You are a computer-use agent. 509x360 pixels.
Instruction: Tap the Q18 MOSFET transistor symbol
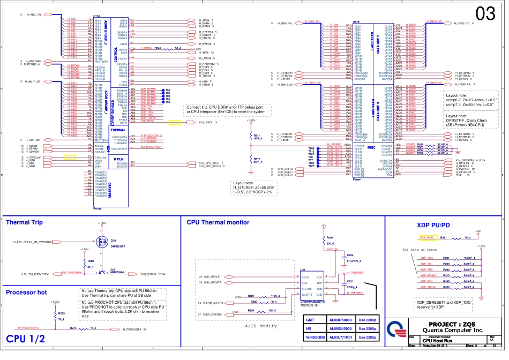(101, 242)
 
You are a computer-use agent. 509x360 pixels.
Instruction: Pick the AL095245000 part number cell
(341, 328)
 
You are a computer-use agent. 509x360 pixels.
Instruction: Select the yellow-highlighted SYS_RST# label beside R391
(427, 237)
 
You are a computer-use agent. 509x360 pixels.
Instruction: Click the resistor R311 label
(257, 136)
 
